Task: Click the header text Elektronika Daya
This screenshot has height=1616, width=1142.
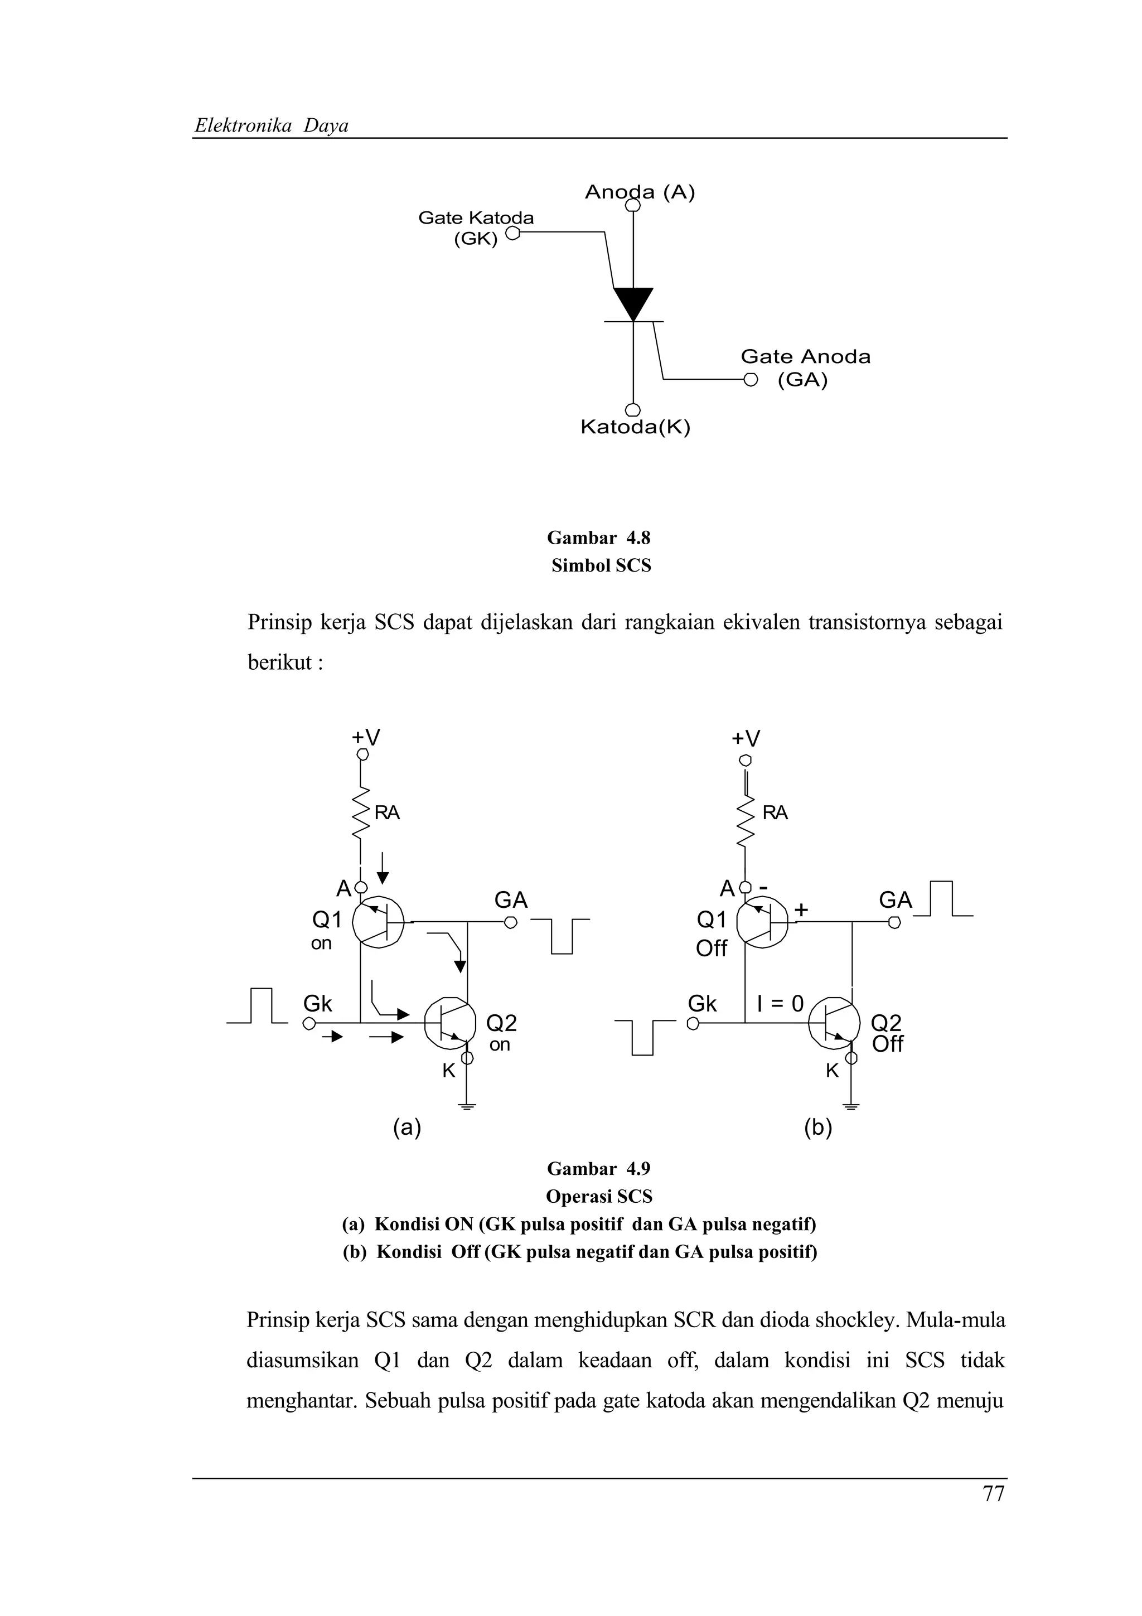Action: pyautogui.click(x=272, y=126)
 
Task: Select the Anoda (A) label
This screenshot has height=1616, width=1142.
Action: pyautogui.click(x=640, y=192)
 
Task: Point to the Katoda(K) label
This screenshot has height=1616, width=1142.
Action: pyautogui.click(x=635, y=427)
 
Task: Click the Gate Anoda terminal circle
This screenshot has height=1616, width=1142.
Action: pyautogui.click(x=751, y=380)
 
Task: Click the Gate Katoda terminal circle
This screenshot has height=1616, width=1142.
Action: pyautogui.click(x=512, y=233)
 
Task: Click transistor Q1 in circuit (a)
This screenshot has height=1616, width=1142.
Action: pyautogui.click(x=378, y=922)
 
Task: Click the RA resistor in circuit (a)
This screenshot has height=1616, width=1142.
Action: pyautogui.click(x=361, y=813)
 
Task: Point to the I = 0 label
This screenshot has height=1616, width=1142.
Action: pyautogui.click(x=780, y=1004)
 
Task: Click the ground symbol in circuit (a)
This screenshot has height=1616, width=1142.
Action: pyautogui.click(x=467, y=1106)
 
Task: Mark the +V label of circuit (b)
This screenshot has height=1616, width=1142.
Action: pyautogui.click(x=746, y=738)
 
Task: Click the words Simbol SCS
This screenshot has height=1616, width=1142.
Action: pyautogui.click(x=601, y=566)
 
